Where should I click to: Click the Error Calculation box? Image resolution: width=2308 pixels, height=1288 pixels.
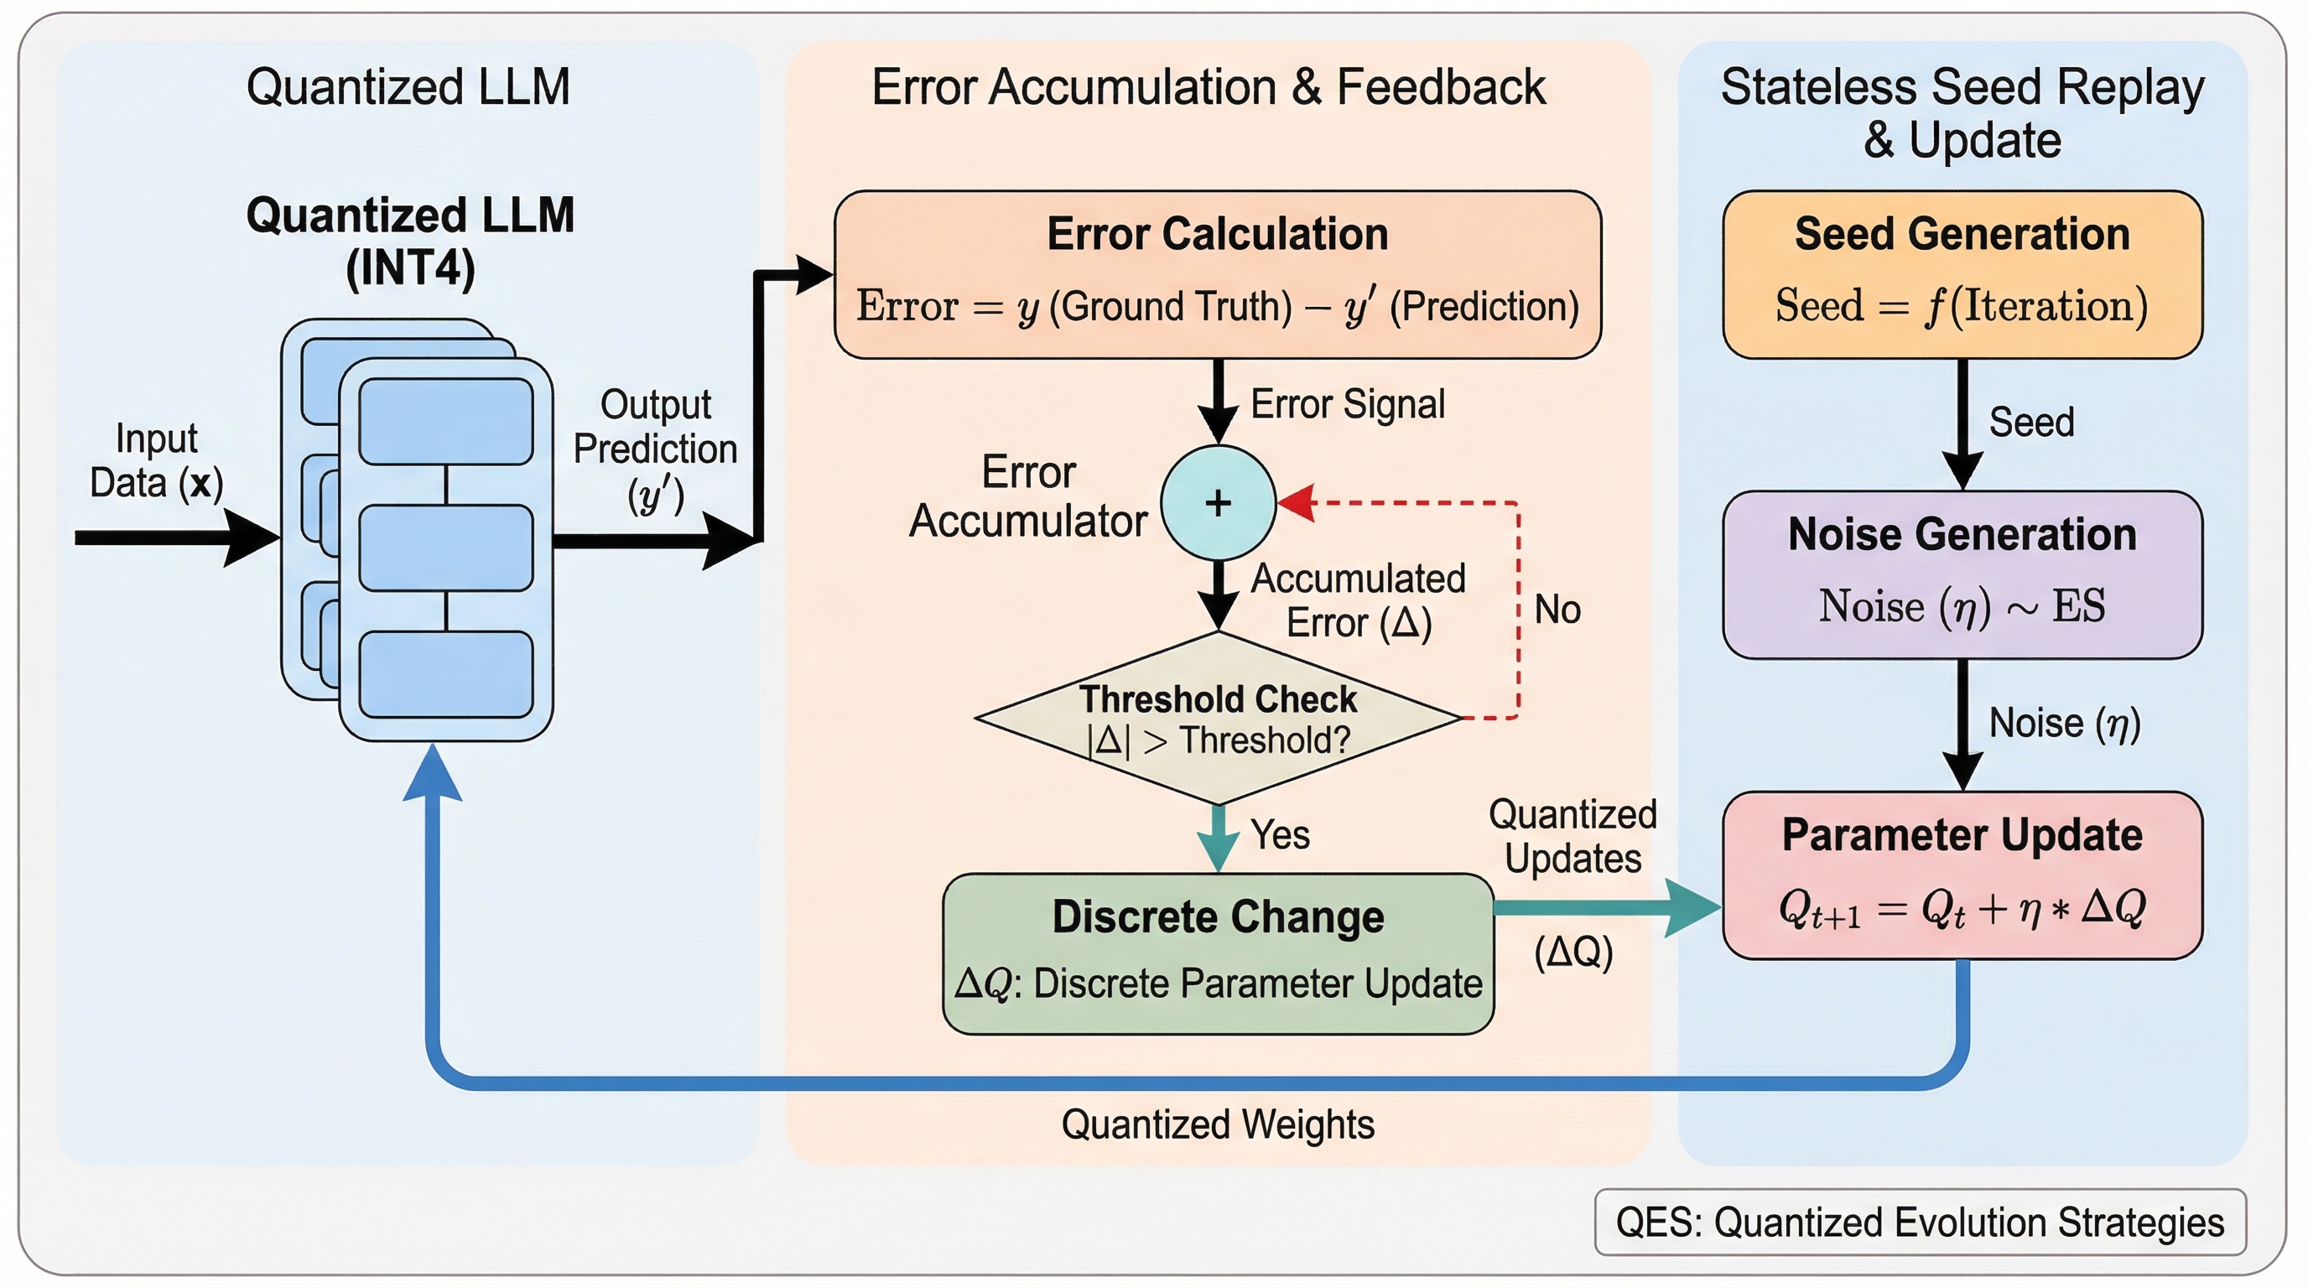point(1217,274)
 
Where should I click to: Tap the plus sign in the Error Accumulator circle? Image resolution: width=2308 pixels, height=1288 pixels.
point(1218,503)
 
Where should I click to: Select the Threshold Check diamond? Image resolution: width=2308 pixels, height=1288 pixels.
point(1218,719)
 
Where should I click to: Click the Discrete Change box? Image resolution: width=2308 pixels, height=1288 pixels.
point(1218,953)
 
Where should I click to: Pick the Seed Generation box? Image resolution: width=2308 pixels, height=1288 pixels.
point(1962,274)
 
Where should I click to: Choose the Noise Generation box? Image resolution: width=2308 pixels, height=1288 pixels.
point(1962,574)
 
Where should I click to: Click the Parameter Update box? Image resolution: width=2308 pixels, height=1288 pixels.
point(1962,875)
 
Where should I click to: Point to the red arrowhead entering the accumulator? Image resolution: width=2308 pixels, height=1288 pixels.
point(1297,503)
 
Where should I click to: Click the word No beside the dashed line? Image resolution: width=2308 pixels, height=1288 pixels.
point(1557,610)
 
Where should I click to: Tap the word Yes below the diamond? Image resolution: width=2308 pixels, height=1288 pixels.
point(1281,835)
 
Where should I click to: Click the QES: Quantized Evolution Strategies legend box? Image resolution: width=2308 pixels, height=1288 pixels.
point(1919,1222)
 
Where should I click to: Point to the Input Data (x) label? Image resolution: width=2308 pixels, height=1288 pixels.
point(156,460)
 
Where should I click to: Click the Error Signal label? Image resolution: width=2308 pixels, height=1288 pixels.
point(1348,404)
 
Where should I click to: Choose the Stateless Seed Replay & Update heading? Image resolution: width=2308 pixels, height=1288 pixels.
point(1962,113)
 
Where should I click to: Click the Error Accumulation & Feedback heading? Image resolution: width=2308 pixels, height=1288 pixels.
point(1209,87)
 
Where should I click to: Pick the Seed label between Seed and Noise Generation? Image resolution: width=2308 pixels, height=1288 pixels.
point(2031,422)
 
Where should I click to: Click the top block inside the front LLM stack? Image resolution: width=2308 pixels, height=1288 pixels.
point(445,421)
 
